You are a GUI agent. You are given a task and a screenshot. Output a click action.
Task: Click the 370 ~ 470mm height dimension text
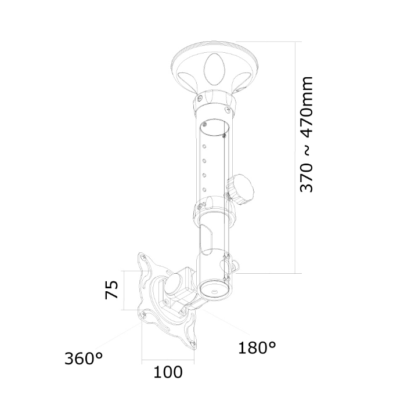(x=307, y=135)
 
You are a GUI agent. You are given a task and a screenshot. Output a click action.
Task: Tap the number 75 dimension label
(x=111, y=289)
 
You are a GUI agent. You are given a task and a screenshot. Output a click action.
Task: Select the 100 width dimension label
(x=168, y=372)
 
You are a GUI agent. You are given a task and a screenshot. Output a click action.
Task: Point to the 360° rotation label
(x=84, y=358)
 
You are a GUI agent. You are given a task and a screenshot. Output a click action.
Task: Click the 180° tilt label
(x=257, y=347)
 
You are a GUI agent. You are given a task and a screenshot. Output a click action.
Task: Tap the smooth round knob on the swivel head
(x=174, y=284)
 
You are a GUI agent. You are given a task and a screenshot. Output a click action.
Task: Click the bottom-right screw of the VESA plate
(x=193, y=343)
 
